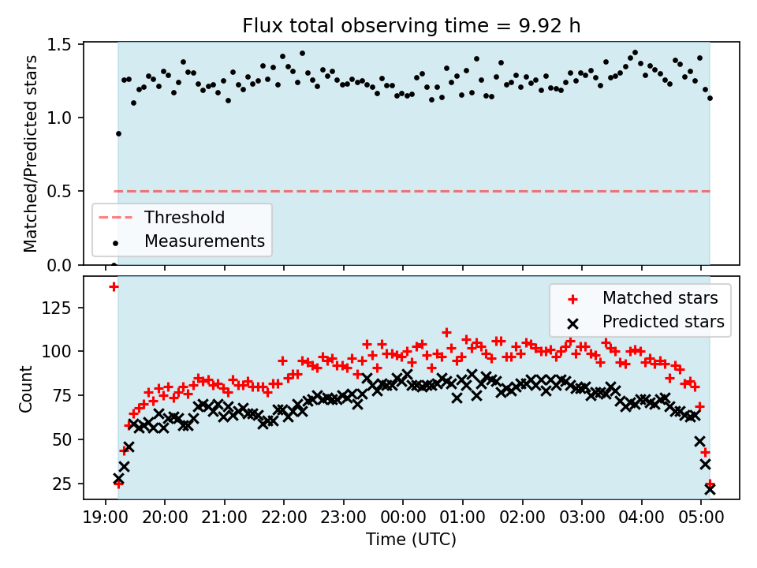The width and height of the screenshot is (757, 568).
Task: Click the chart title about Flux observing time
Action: [x=411, y=26]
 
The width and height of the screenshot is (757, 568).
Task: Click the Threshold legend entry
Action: [x=184, y=218]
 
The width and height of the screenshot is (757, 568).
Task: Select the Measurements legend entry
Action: [x=203, y=241]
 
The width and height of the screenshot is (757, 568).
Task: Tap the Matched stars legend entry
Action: [x=659, y=298]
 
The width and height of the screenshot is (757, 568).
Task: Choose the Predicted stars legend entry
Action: [x=663, y=321]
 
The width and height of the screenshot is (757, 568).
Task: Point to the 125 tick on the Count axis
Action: [x=62, y=307]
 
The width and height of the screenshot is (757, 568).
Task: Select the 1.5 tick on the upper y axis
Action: [x=64, y=44]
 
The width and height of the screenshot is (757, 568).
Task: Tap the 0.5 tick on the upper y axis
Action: [x=64, y=191]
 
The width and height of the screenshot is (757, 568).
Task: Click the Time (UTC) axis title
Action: [x=411, y=540]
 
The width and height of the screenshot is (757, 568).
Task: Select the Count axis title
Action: [x=27, y=388]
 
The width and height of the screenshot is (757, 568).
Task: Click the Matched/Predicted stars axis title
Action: [x=30, y=154]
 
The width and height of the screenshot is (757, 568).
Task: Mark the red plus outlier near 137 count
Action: [x=114, y=286]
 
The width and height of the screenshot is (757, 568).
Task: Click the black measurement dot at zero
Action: [x=114, y=265]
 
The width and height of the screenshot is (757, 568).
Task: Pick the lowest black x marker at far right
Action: [x=710, y=489]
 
